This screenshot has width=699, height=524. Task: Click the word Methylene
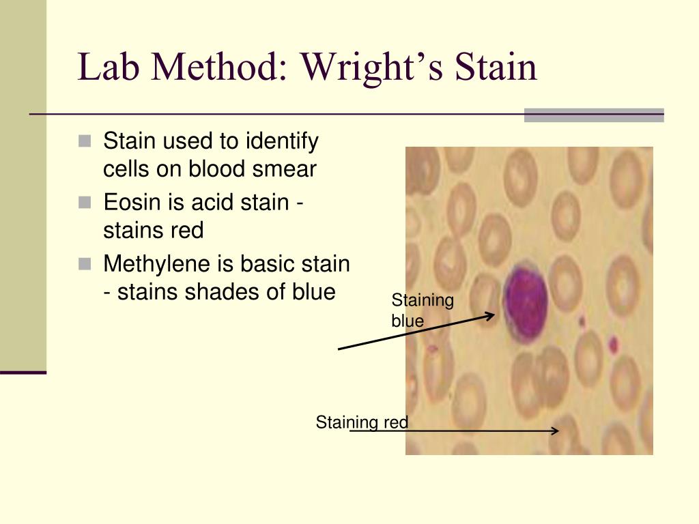pyautogui.click(x=150, y=264)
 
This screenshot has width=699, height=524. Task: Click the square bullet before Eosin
pyautogui.click(x=85, y=203)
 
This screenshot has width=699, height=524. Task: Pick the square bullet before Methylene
pyautogui.click(x=85, y=263)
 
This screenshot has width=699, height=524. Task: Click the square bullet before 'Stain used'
pyautogui.click(x=85, y=142)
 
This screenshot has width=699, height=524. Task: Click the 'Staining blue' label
pyautogui.click(x=422, y=310)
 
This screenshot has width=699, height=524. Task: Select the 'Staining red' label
pyautogui.click(x=362, y=422)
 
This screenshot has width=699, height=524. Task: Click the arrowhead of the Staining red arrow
pyautogui.click(x=556, y=431)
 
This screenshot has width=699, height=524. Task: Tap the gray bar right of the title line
pyautogui.click(x=593, y=115)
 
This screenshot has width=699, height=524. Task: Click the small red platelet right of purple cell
pyautogui.click(x=612, y=344)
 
